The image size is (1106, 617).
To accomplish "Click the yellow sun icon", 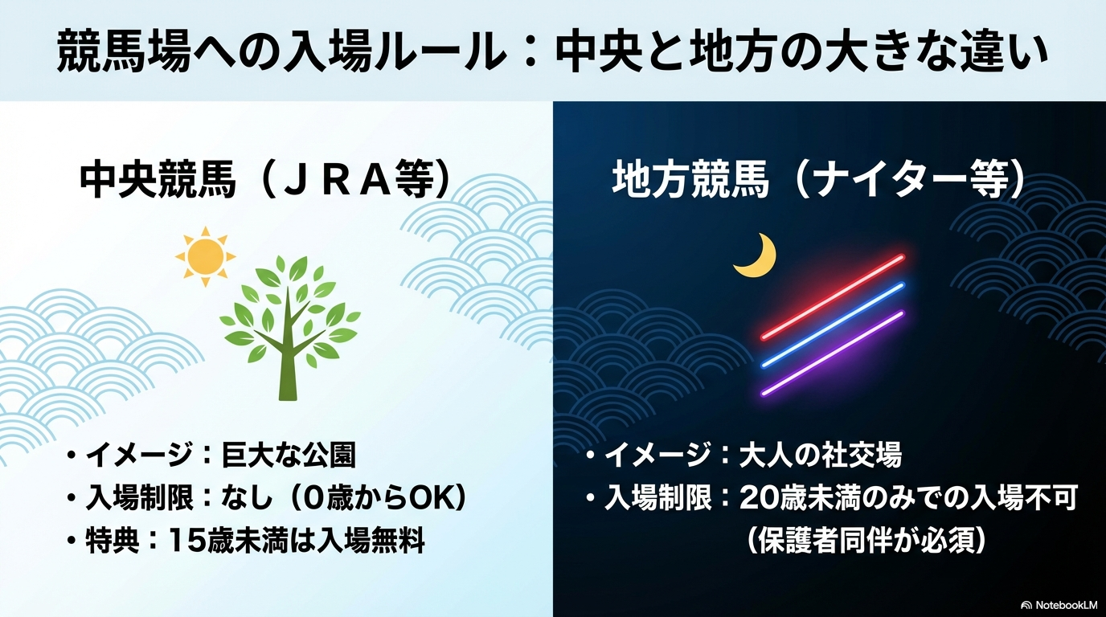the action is pos(206,256).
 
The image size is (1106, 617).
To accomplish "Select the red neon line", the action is pos(833,297).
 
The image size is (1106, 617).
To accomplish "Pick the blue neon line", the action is pos(833,325).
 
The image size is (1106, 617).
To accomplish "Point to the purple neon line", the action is pos(833,353).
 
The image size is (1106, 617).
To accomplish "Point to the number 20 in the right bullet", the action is pos(757,500).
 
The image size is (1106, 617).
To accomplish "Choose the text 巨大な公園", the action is pos(289,455).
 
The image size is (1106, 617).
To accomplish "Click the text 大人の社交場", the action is pos(820,455).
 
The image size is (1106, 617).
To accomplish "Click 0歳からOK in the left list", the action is pos(375,498).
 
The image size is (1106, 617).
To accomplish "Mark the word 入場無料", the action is pos(371,541).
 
